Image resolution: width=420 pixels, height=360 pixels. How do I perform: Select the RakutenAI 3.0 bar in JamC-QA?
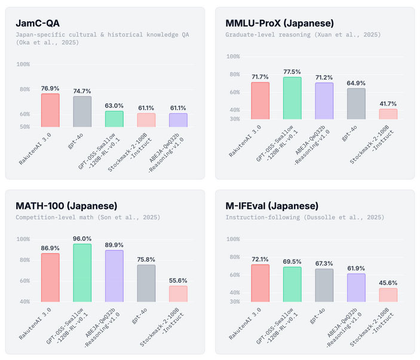(50, 110)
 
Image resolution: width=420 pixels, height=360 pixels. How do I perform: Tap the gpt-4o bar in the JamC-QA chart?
(82, 112)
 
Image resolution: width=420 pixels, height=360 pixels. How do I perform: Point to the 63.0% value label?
(114, 106)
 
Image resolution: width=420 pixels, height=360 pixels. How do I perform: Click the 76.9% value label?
(50, 88)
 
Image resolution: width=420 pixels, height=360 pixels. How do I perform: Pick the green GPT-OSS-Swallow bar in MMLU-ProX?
(292, 98)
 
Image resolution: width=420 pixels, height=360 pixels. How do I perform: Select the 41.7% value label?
(388, 104)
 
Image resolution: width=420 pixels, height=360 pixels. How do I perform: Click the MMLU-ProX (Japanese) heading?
(279, 24)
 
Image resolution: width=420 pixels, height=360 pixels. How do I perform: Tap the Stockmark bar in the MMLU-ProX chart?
(388, 113)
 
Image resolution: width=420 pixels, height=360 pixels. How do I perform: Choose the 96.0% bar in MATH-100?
(82, 272)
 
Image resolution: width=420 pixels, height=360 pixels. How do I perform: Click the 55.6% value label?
(178, 281)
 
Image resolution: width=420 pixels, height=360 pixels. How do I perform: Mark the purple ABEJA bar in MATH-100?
(114, 275)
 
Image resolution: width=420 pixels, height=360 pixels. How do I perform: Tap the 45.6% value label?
(388, 283)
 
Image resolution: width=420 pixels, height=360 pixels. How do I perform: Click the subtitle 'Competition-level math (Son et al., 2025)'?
(88, 217)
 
